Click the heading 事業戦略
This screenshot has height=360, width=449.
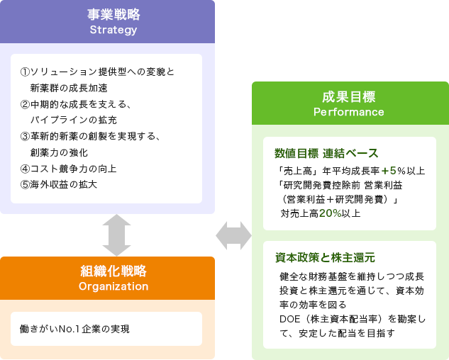click(x=113, y=14)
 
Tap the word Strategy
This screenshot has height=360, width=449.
click(x=113, y=30)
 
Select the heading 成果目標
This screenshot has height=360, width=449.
click(x=348, y=96)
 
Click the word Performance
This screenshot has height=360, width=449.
click(x=348, y=112)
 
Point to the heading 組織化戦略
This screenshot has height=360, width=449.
click(x=113, y=271)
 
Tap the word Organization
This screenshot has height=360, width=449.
click(x=113, y=286)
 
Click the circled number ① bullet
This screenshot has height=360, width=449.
click(x=25, y=72)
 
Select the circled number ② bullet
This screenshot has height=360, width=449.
click(x=25, y=104)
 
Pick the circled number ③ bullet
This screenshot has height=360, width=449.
click(x=25, y=136)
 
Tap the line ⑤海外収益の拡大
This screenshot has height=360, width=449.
click(x=63, y=184)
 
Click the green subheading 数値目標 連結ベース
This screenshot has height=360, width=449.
click(x=326, y=153)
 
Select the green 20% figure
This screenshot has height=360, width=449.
click(x=331, y=213)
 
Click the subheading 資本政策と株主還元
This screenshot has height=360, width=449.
click(x=324, y=257)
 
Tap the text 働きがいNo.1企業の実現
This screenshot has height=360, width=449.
click(x=75, y=329)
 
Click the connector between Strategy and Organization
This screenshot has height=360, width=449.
click(x=113, y=234)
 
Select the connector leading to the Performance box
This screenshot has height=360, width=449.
click(x=233, y=234)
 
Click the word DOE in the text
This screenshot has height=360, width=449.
click(x=291, y=318)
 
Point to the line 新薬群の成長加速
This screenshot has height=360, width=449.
click(x=69, y=88)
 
